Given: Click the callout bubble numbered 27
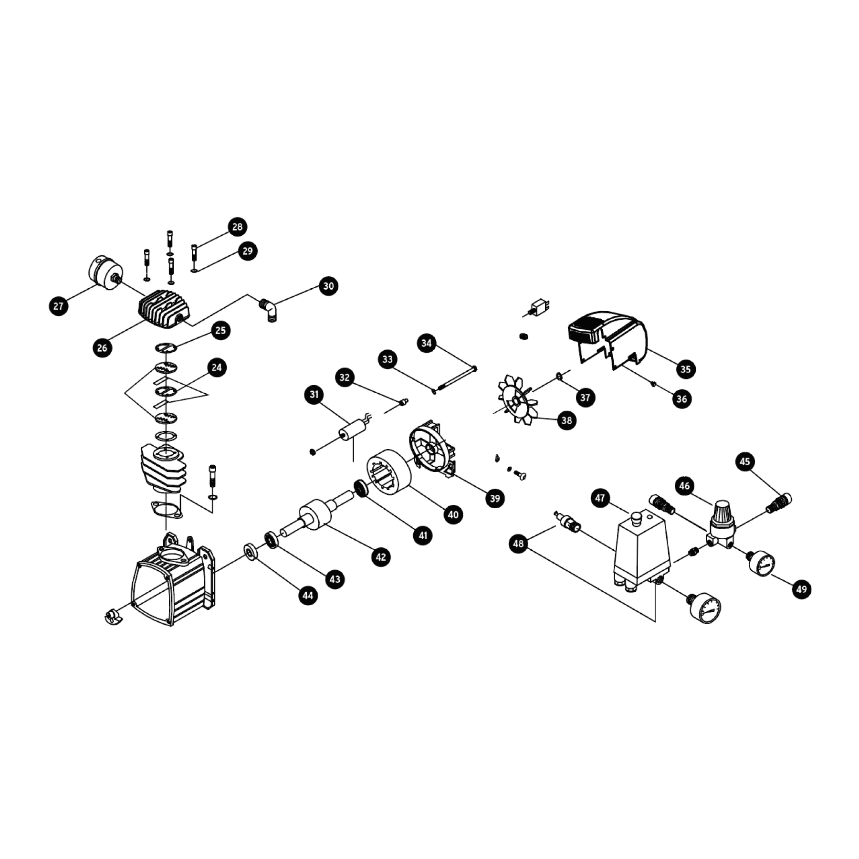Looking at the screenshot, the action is tap(58, 306).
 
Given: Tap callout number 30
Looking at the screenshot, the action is tap(328, 286).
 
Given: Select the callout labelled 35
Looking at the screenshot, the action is tap(685, 369).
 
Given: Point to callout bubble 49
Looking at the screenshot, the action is tap(801, 589).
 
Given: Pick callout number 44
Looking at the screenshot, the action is tap(308, 595).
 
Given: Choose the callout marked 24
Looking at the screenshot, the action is tap(217, 367).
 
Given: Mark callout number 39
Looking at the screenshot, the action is tap(495, 498).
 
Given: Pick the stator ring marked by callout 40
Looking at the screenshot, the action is tap(388, 474).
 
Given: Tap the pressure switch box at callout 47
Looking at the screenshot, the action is tap(641, 552).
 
